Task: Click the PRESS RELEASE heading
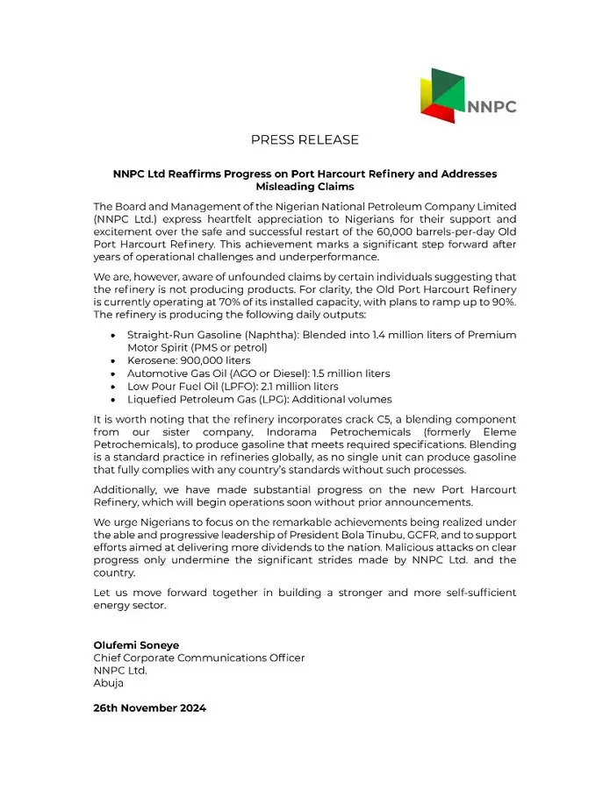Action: coord(305,140)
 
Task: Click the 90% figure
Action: coord(505,302)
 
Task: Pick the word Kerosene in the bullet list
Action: coord(153,360)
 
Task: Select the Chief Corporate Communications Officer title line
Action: coord(199,658)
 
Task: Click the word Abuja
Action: coord(109,683)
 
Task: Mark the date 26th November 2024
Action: coord(150,707)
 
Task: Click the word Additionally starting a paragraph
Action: coord(128,489)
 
